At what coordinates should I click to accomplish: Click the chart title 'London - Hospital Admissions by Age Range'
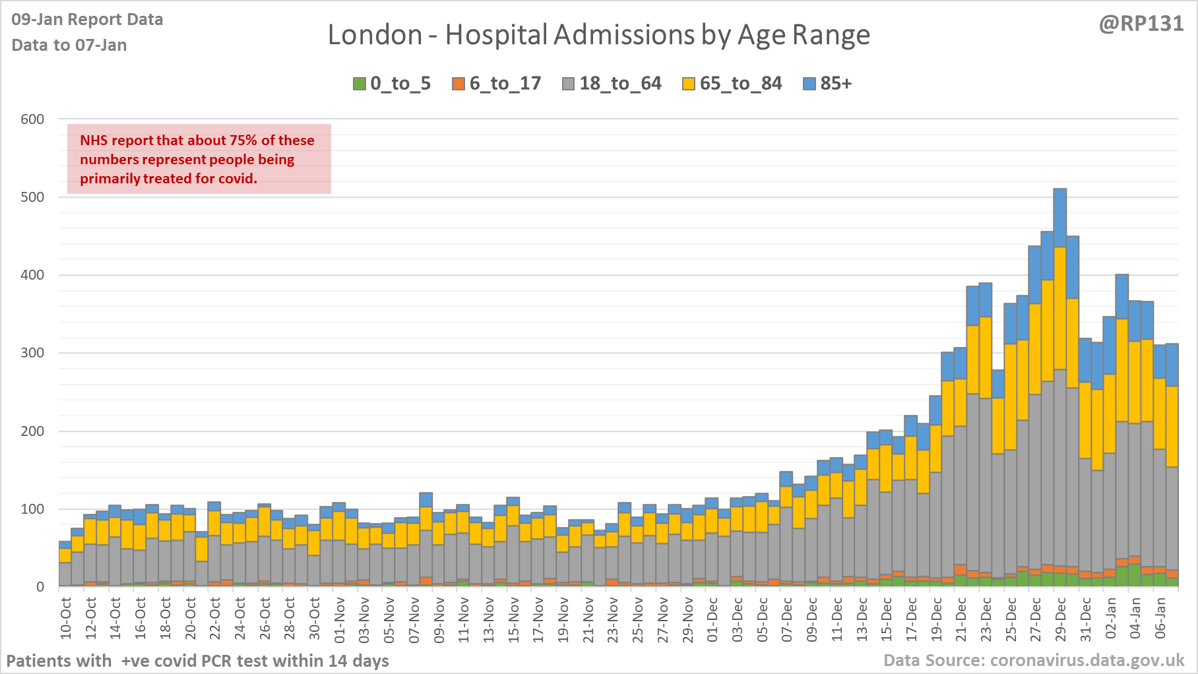[598, 35]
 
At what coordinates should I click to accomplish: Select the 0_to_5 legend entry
[392, 84]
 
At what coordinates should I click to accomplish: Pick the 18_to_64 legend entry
[612, 84]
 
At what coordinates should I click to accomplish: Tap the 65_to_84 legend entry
[732, 84]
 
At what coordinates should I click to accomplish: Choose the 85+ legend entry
[828, 84]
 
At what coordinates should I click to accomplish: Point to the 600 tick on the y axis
[32, 119]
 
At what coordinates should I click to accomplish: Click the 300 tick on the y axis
[32, 353]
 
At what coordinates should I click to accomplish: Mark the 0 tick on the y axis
[40, 587]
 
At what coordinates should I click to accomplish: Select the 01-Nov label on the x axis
[340, 619]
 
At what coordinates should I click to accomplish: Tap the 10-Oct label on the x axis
[66, 619]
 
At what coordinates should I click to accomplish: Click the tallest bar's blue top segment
[1060, 218]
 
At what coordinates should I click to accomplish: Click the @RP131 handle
[1141, 24]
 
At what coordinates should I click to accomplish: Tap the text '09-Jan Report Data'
[87, 20]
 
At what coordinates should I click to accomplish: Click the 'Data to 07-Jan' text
[69, 45]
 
